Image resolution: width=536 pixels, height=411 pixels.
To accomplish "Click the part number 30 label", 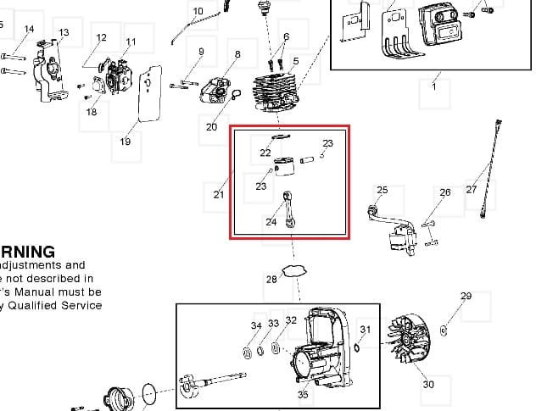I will [428, 385].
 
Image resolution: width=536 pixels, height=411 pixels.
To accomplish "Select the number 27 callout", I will [472, 190].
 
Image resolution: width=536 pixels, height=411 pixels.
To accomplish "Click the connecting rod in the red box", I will [292, 210].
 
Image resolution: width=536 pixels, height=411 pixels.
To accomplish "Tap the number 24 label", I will [271, 223].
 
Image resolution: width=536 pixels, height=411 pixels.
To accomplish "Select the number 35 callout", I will [303, 394].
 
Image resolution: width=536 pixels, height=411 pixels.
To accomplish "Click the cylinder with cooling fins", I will [277, 92].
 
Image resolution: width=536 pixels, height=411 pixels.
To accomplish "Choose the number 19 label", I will [126, 142].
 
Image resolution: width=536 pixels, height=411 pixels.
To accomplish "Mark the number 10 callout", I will [198, 12].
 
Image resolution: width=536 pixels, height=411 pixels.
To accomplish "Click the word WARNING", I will [27, 252].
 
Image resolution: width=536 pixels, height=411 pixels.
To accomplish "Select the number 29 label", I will [466, 296].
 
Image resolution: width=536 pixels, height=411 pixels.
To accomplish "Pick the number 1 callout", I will [435, 86].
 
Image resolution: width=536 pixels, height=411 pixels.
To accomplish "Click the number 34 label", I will [256, 325].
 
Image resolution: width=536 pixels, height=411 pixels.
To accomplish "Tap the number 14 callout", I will [30, 30].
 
